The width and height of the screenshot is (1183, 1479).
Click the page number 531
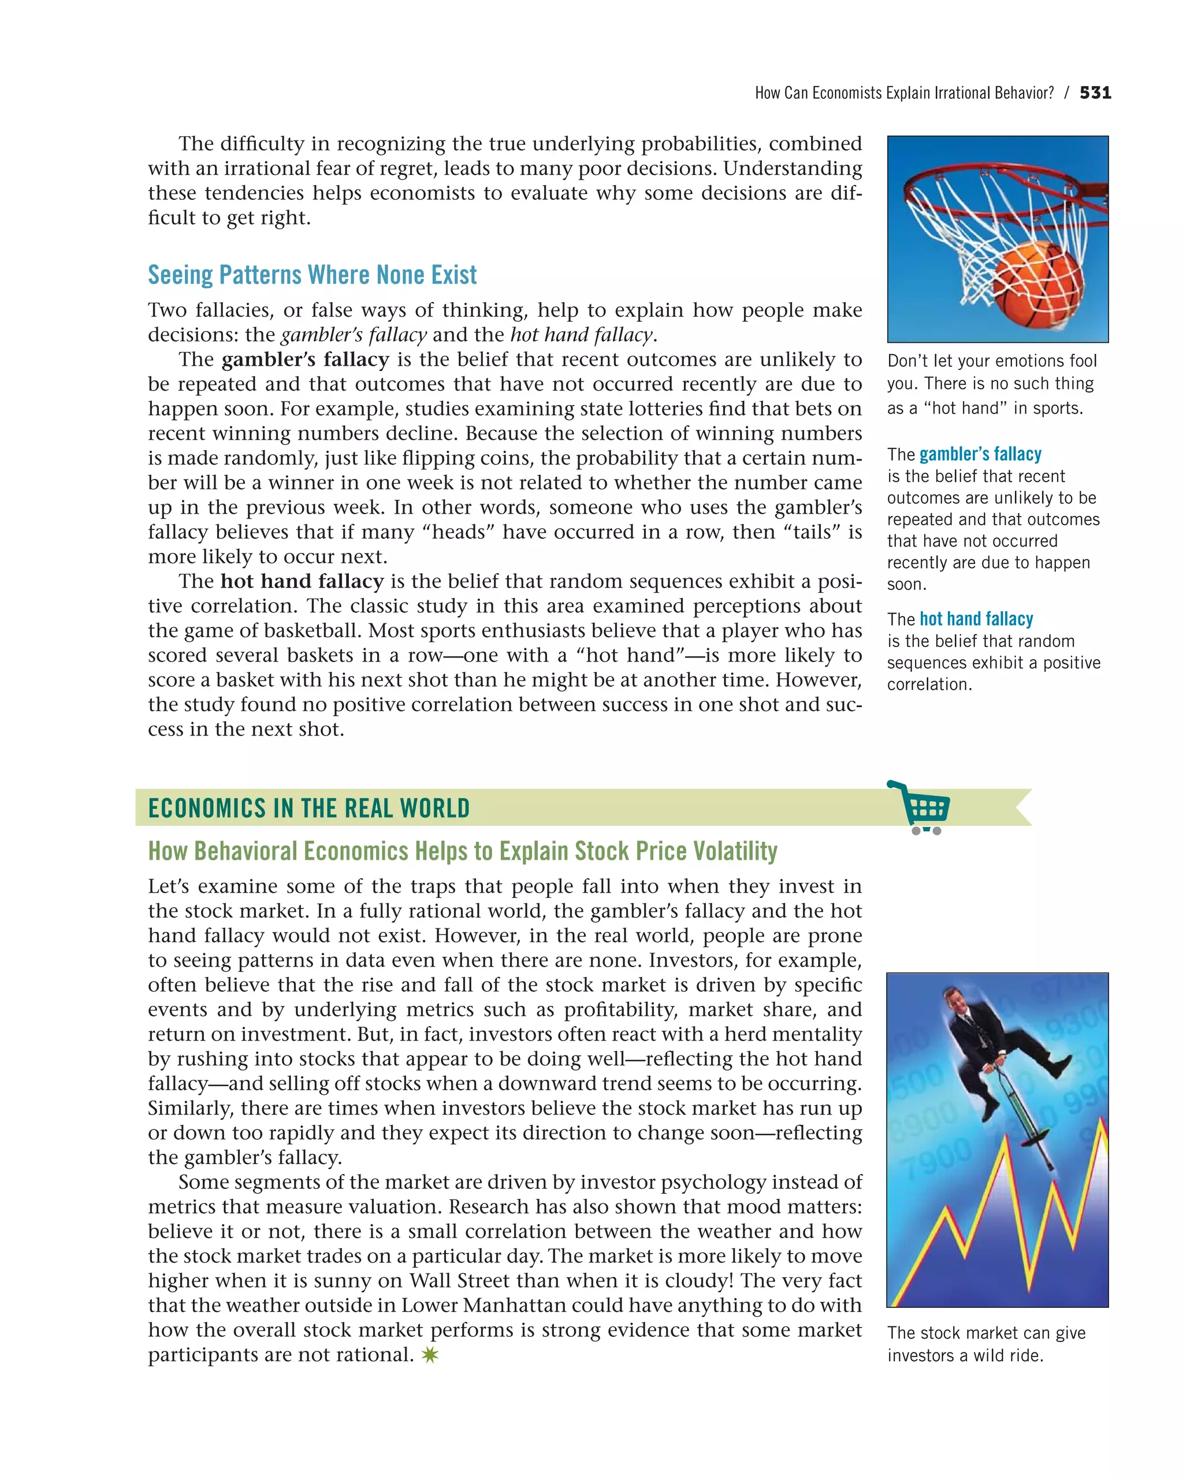point(1095,92)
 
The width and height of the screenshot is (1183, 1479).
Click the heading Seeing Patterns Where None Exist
point(312,275)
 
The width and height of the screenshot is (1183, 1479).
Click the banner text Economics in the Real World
point(308,808)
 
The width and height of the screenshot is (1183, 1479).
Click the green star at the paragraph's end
point(430,1354)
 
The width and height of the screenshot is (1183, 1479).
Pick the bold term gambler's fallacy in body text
point(305,359)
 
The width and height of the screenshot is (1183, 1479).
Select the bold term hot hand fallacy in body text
point(302,581)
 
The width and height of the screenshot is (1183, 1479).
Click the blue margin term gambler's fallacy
point(980,454)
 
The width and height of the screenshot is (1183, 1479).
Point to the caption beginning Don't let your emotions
point(991,362)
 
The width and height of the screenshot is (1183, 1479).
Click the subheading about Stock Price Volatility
point(463,852)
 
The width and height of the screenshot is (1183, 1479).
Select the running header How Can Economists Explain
point(904,93)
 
